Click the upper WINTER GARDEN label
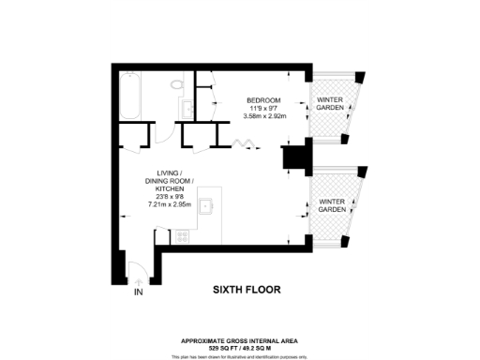tap(330, 104)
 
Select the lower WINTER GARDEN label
tap(331, 206)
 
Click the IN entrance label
tap(139, 292)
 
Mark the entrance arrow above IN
tap(139, 279)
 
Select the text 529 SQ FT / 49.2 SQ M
tap(239, 349)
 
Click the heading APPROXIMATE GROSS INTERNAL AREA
tap(239, 341)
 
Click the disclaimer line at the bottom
tap(239, 356)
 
